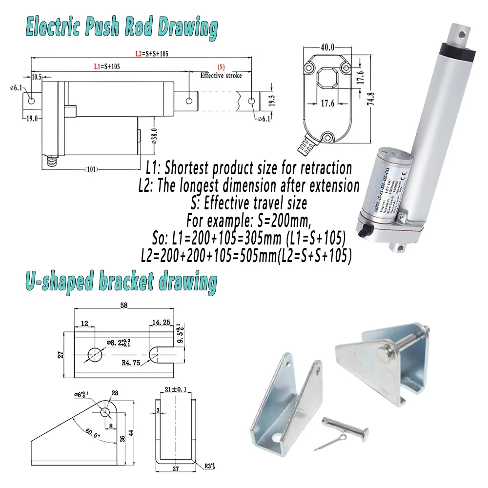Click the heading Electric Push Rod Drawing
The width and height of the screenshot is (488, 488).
click(x=122, y=28)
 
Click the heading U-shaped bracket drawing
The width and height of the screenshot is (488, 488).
click(x=120, y=283)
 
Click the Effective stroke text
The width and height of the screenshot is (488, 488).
click(x=221, y=76)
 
